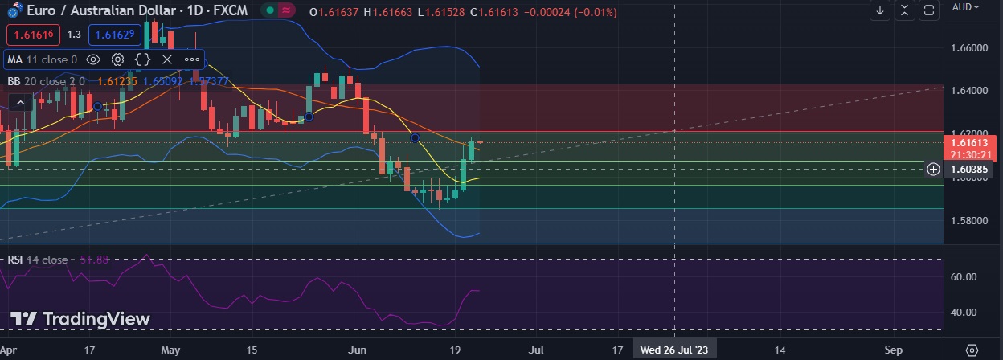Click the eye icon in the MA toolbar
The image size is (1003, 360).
[93, 59]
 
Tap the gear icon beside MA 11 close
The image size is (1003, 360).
[118, 59]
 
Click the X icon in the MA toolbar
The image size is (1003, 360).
[167, 59]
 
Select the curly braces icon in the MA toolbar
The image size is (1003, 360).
[142, 59]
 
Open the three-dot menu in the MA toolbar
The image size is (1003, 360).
[192, 59]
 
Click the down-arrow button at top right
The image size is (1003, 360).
[880, 10]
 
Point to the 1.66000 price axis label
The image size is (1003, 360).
[968, 48]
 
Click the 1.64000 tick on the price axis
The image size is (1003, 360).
[968, 91]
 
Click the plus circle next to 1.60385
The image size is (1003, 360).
[933, 169]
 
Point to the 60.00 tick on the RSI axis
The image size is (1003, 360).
[964, 276]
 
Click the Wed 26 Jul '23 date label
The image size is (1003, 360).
[673, 350]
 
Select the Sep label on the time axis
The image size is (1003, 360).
[894, 350]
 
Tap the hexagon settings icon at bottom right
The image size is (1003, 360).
[972, 350]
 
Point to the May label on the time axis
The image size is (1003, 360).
[170, 350]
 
